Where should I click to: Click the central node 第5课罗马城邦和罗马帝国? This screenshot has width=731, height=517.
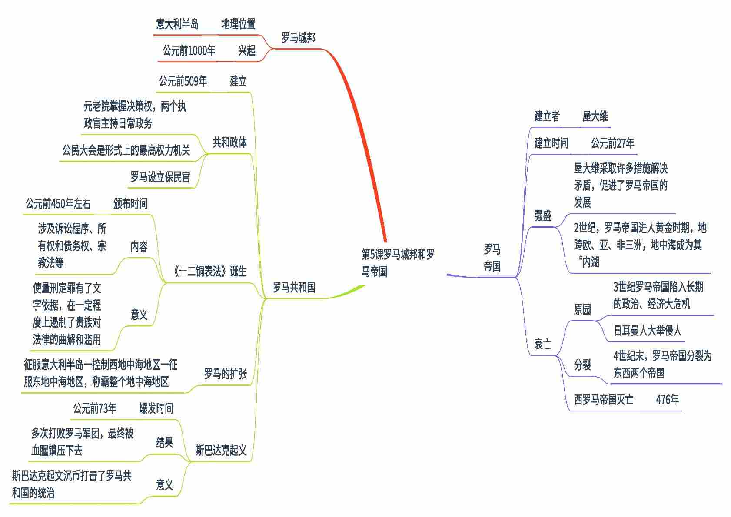[x=398, y=263]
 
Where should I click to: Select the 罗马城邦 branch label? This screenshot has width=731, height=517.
[x=298, y=38]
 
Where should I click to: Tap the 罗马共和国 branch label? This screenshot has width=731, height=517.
[x=294, y=287]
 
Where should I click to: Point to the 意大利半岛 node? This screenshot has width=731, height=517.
[x=177, y=24]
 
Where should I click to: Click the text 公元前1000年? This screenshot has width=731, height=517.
[x=189, y=51]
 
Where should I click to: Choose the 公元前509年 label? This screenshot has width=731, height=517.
[x=183, y=81]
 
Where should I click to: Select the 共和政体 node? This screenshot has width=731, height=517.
[x=229, y=142]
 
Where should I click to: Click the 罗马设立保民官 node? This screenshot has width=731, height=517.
[x=160, y=177]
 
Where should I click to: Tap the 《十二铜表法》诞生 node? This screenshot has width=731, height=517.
[x=209, y=272]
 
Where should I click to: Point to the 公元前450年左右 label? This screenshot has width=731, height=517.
[x=58, y=204]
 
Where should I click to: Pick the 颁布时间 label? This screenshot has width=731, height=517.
[x=130, y=204]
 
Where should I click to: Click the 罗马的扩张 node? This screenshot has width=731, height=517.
[x=226, y=374]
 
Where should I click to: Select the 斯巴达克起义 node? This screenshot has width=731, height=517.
[x=221, y=450]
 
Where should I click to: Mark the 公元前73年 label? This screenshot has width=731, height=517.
[x=95, y=408]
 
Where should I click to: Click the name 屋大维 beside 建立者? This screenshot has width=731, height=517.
[x=595, y=116]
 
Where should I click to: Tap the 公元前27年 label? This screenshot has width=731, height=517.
[x=612, y=143]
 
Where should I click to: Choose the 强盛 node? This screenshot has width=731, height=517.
[x=543, y=216]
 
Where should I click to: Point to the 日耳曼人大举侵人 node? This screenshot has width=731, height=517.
[x=647, y=331]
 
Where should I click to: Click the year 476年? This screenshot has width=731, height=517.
[x=667, y=400]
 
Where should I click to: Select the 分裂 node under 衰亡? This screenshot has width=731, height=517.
[x=582, y=365]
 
